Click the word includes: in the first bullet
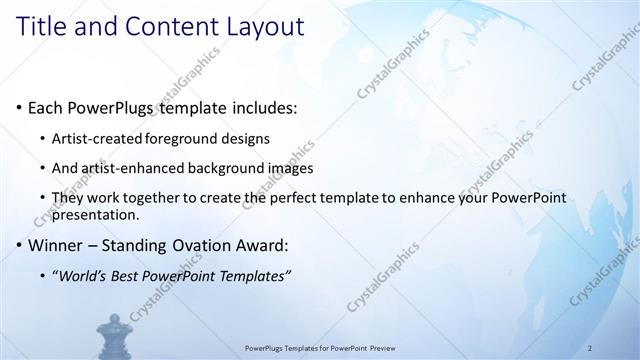click(x=263, y=107)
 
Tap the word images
click(x=290, y=168)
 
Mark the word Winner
click(x=55, y=245)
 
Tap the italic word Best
click(x=132, y=275)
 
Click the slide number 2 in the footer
click(x=590, y=348)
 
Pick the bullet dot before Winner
click(x=19, y=245)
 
